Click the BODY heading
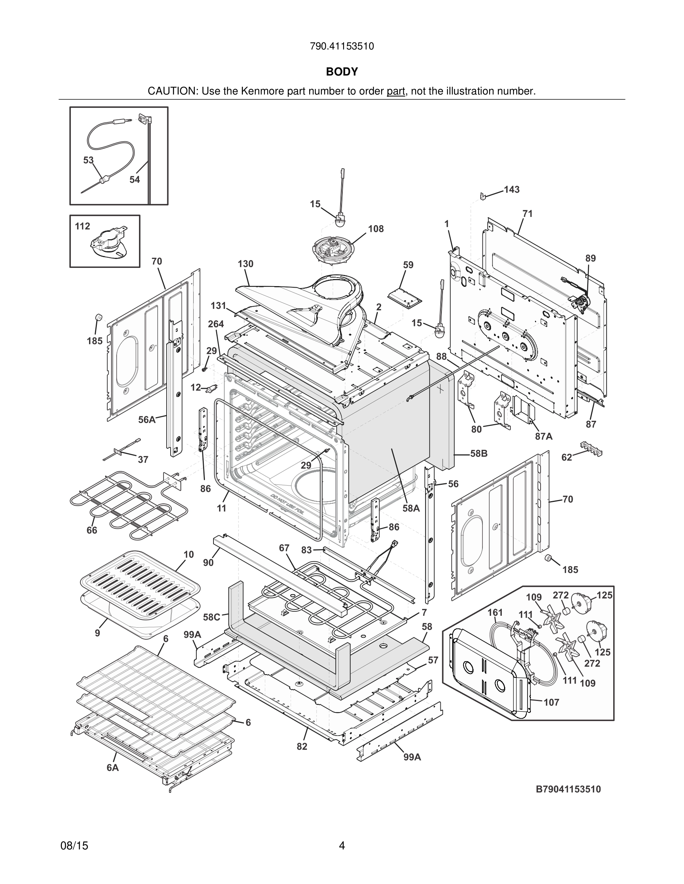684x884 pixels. (x=342, y=72)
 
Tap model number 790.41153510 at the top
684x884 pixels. (x=342, y=47)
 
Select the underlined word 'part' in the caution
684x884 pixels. (x=396, y=92)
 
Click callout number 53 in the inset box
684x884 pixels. (x=88, y=160)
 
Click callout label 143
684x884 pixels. (x=512, y=190)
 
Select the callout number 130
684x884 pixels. (x=246, y=264)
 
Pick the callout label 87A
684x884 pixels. (x=544, y=436)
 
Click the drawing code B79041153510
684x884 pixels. (x=568, y=789)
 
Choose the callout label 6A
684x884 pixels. (x=113, y=768)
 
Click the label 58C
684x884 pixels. (x=212, y=617)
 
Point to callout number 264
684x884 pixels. (x=216, y=324)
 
